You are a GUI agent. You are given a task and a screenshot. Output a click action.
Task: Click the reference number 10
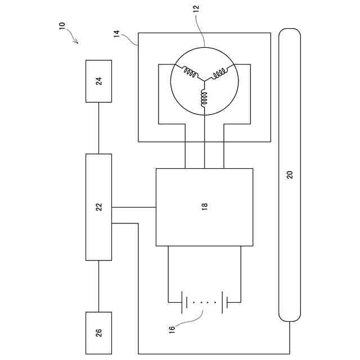click(x=62, y=26)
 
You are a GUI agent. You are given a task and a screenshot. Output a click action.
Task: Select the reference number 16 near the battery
click(x=172, y=328)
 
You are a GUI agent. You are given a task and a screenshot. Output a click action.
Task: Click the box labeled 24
click(x=98, y=81)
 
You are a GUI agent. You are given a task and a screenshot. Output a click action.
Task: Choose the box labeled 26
click(x=98, y=332)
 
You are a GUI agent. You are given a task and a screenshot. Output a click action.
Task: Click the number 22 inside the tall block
click(x=99, y=207)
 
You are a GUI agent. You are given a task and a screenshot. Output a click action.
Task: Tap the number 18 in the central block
click(x=204, y=207)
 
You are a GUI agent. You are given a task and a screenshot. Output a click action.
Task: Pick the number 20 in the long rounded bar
click(x=290, y=174)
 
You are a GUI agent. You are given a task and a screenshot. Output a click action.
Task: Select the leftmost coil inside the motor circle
click(x=189, y=73)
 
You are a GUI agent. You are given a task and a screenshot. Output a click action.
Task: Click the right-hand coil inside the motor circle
click(x=219, y=73)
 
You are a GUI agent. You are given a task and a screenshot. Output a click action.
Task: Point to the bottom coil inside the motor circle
click(x=204, y=97)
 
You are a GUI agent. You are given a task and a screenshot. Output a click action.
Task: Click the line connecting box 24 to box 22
click(x=98, y=128)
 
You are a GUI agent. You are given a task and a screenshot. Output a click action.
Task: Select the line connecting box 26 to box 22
click(x=98, y=286)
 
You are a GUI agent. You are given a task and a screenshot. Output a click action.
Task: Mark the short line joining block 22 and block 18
click(x=133, y=207)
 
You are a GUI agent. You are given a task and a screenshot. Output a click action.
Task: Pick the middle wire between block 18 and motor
click(x=204, y=155)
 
